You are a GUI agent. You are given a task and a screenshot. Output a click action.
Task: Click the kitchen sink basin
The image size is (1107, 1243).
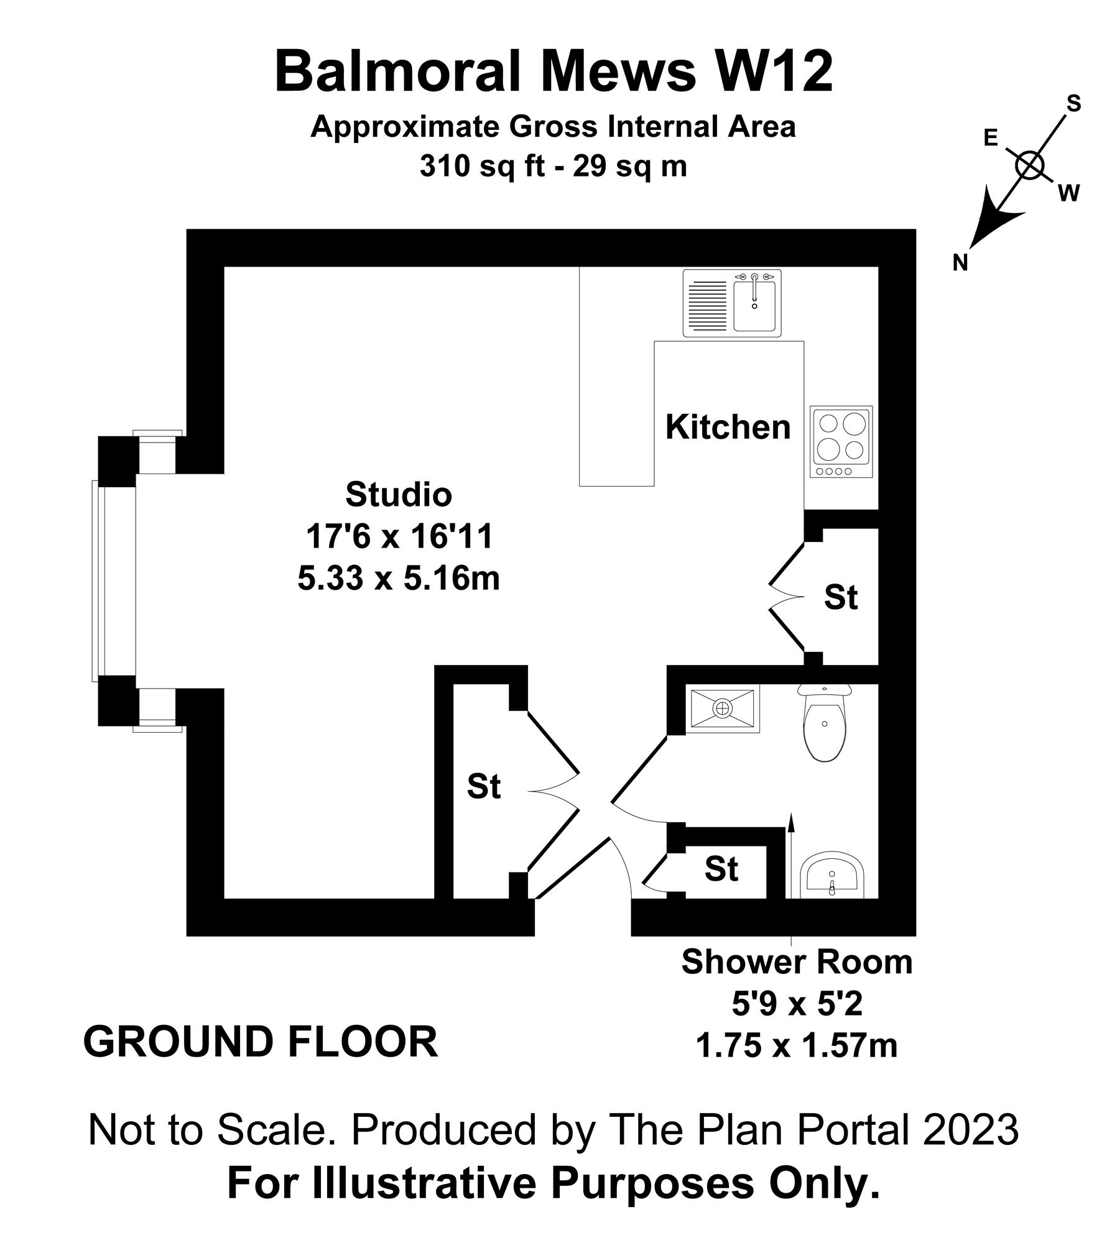(754, 306)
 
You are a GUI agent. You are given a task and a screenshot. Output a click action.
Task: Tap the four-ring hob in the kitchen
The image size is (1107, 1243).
(841, 442)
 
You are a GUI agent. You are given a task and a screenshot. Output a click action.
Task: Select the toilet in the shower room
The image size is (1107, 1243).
(824, 723)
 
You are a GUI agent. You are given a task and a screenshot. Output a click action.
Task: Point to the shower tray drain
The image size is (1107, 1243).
(723, 707)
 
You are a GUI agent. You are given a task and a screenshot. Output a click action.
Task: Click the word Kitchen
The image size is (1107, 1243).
(728, 428)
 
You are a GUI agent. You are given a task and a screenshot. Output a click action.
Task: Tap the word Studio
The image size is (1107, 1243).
(399, 495)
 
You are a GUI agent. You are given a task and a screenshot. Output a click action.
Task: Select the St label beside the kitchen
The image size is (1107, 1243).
(841, 597)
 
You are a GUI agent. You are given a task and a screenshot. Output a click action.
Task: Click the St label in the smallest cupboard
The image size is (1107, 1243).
(721, 869)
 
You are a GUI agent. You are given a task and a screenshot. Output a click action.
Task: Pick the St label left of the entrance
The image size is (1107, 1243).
(484, 787)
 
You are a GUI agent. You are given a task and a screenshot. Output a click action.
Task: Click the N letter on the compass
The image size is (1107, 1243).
(961, 264)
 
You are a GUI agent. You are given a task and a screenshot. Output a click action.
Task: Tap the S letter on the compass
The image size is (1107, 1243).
(1074, 104)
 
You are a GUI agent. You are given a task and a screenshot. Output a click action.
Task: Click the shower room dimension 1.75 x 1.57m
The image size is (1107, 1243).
(797, 1047)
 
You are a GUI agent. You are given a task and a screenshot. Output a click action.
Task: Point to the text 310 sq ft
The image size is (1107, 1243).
(479, 166)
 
